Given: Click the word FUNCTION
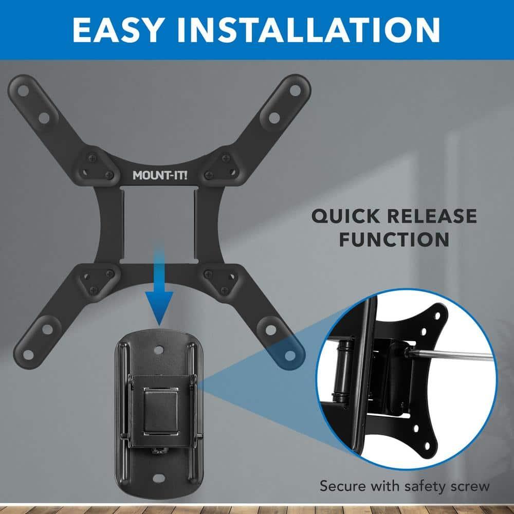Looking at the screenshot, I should [394, 240].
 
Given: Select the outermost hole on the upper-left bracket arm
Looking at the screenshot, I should [23, 90].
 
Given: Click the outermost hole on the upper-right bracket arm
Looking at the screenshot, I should [295, 89].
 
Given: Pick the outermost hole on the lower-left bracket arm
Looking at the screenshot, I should [24, 353].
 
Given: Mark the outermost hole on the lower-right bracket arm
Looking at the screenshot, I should [290, 354].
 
